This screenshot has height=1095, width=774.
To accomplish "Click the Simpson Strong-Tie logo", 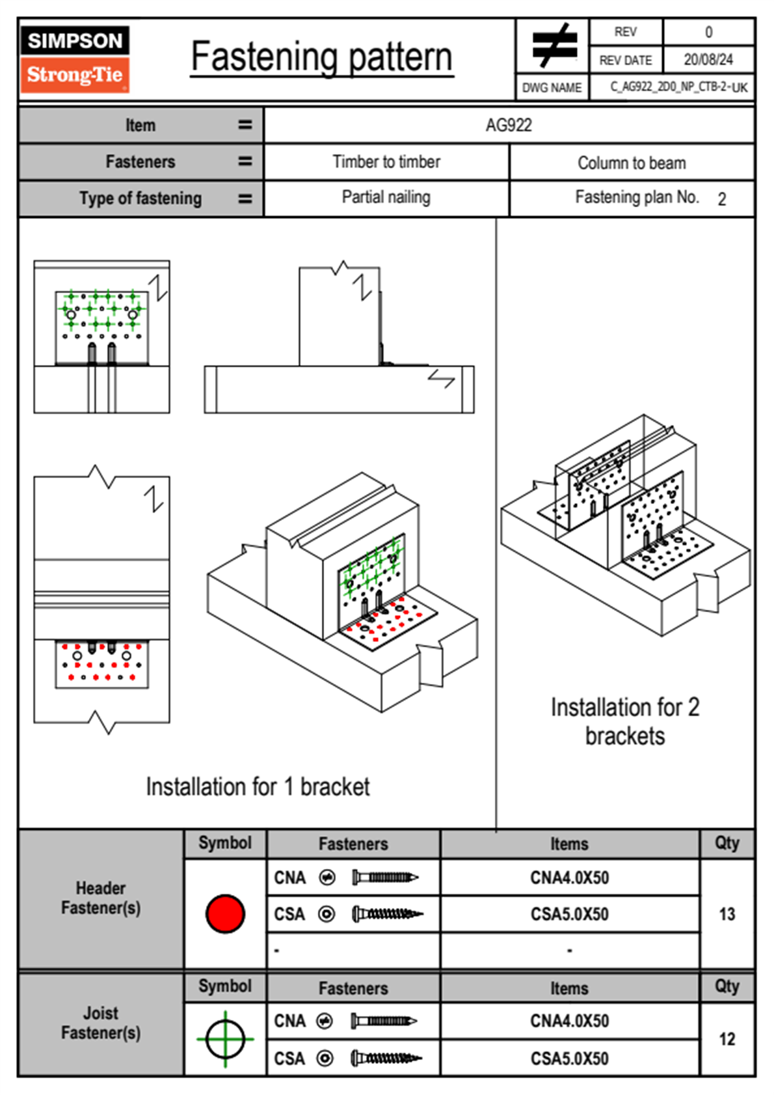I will coord(75,59).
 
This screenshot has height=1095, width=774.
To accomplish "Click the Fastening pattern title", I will coord(321,57).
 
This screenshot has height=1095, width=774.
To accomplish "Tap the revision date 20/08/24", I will coord(708,60).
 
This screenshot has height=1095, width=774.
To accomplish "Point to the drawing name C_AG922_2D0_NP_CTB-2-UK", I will coord(678,87).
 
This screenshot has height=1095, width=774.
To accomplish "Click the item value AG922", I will coord(509,125).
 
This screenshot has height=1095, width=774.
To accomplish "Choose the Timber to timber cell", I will coord(386,161).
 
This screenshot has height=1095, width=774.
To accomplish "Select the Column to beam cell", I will coord(632,163).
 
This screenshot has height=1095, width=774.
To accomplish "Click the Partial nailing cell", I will coord(386,197).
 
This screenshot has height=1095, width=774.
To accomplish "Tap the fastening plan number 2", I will coord(722,199).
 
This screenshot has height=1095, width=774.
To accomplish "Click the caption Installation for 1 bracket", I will coord(258,786).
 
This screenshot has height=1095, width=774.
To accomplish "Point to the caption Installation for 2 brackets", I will coord(625,721).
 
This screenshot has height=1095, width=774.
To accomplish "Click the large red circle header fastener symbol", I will coord(225,913).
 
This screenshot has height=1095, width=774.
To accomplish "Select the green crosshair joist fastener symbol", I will coord(225,1038).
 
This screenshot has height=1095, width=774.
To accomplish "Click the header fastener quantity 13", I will coord(727,914).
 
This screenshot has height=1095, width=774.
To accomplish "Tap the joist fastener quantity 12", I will coord(727,1039).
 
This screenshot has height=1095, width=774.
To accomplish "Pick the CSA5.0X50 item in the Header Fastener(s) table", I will coord(570,914).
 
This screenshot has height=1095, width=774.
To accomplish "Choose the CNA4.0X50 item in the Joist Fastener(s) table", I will coord(570,1021).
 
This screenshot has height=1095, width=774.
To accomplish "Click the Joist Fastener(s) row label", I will coord(101,1023).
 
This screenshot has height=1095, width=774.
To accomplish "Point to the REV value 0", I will coord(708,32).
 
